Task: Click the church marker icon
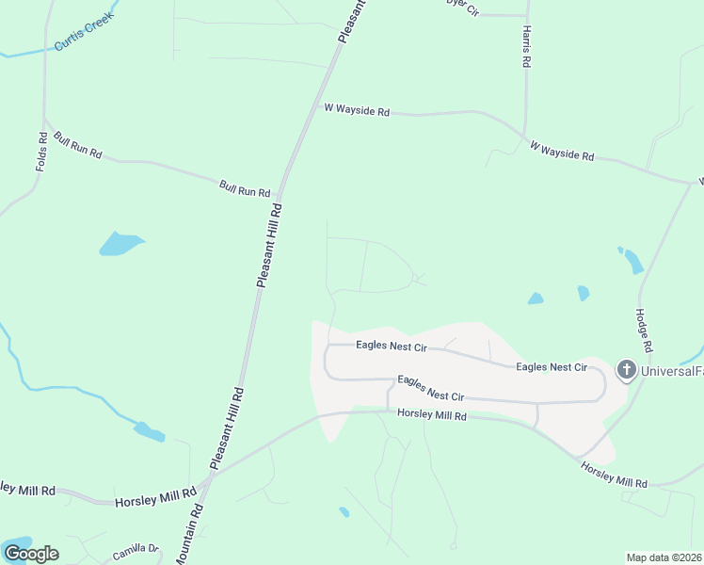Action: (x=627, y=370)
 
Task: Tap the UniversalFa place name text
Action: (x=672, y=371)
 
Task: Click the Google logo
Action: (x=31, y=553)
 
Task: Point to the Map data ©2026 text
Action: (x=664, y=557)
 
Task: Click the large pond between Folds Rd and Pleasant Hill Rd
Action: (x=120, y=244)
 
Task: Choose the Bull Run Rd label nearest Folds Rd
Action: (x=77, y=145)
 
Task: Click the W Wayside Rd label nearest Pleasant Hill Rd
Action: (x=357, y=110)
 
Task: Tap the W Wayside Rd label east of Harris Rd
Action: (x=562, y=151)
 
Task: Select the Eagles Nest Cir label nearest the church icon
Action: (x=552, y=366)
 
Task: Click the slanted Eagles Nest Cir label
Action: (x=431, y=388)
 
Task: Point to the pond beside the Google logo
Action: (x=17, y=544)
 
